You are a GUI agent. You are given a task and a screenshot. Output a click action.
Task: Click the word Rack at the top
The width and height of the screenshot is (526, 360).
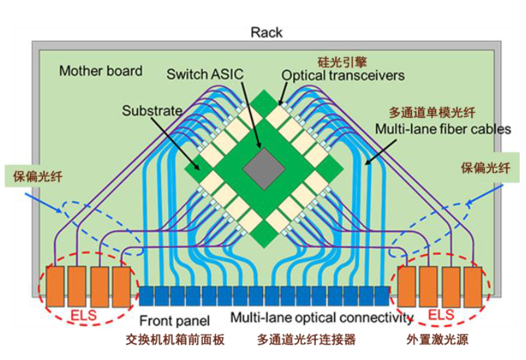click(x=266, y=33)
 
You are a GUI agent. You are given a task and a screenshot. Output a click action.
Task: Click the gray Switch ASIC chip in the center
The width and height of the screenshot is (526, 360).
click(x=264, y=170)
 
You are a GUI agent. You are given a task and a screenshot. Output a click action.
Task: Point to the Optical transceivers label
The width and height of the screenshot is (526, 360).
click(x=343, y=75)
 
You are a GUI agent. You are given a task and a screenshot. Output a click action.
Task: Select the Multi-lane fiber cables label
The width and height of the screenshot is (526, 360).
click(x=442, y=129)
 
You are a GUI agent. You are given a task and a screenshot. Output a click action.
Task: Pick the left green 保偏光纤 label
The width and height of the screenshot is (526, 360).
click(x=35, y=175)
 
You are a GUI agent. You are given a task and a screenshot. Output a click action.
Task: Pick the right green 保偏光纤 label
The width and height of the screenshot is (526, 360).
click(x=487, y=166)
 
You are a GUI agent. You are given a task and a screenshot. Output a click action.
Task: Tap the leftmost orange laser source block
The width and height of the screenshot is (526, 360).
click(x=56, y=285)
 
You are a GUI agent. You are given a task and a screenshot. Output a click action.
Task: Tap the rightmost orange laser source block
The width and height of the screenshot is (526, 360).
click(x=472, y=285)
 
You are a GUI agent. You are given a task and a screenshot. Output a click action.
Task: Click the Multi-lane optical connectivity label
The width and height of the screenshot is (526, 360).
click(x=321, y=319)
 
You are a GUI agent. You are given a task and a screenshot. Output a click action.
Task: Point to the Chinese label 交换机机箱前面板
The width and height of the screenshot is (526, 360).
click(x=175, y=340)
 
